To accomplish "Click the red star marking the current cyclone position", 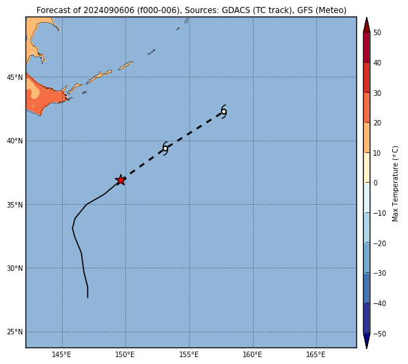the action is point(121,180).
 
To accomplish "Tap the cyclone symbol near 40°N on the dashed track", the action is point(165,149).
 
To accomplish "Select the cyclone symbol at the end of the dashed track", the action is point(224,112).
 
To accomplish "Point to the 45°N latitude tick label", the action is point(15,77).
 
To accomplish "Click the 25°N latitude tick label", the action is point(15,332).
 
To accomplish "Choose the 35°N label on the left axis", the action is point(15,205).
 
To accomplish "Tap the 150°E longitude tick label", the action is point(125,354).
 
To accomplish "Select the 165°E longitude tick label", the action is point(316,354).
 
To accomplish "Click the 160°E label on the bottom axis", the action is point(253,354).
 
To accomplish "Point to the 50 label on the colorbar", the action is point(377,32).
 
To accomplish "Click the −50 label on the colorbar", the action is point(380,334).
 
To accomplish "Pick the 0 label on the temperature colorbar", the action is point(376,183).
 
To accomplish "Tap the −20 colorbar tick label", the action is point(380,243).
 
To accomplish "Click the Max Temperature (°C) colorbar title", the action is point(395,183).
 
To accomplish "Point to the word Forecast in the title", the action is point(53,10).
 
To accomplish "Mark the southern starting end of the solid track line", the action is point(88,297).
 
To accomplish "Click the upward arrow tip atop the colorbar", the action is point(367,18).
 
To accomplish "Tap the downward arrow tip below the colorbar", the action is point(367,348).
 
